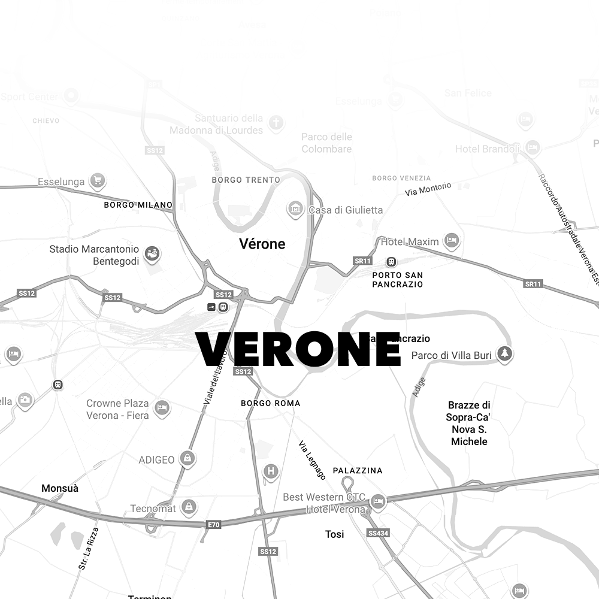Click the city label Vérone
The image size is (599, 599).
262,244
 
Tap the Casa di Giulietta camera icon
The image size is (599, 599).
295,209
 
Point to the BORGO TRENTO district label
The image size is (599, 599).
246,180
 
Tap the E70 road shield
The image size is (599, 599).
213,525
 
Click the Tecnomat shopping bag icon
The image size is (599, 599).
189,507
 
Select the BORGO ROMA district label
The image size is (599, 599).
270,403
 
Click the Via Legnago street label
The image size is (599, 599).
312,461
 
